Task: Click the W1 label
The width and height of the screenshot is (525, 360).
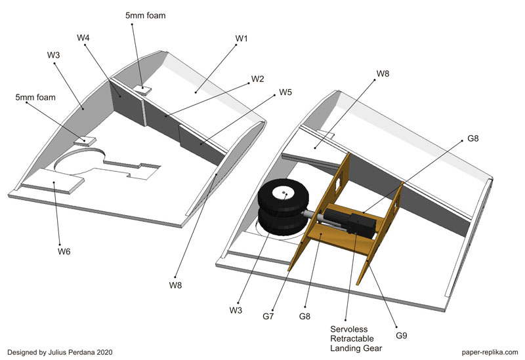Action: coord(241,38)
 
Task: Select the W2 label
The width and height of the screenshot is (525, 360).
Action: coord(257,79)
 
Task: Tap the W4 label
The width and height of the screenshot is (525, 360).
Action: coord(83,37)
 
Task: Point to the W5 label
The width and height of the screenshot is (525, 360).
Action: coord(285,92)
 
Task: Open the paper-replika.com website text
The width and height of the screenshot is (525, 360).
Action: coord(488,352)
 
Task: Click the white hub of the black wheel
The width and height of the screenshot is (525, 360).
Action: coord(285,193)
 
